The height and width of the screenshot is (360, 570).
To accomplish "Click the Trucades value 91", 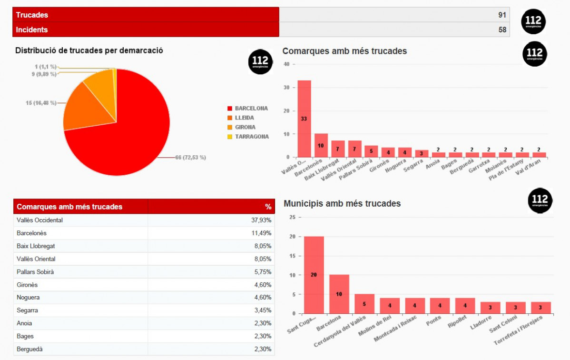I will [502, 15].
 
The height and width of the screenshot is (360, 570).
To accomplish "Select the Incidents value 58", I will [502, 30].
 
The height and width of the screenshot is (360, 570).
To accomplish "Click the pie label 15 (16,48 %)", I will [41, 103].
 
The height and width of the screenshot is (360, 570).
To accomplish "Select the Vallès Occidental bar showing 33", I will [304, 119].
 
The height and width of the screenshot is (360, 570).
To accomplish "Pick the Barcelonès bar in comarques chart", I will [321, 145].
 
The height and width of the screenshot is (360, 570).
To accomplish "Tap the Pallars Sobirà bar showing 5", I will [371, 151].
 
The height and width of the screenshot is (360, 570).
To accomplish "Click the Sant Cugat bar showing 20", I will [314, 275].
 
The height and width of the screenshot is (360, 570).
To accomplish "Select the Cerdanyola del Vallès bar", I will [364, 304].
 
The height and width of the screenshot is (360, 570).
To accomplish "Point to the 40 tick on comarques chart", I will [286, 64].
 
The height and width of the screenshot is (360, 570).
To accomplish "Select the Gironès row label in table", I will [27, 285].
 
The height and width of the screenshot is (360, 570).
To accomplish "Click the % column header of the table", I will [268, 207].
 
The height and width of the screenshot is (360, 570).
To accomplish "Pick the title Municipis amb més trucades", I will [342, 204].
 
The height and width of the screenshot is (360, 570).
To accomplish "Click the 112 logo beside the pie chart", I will [260, 62].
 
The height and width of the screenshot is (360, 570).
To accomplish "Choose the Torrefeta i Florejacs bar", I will [541, 308].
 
